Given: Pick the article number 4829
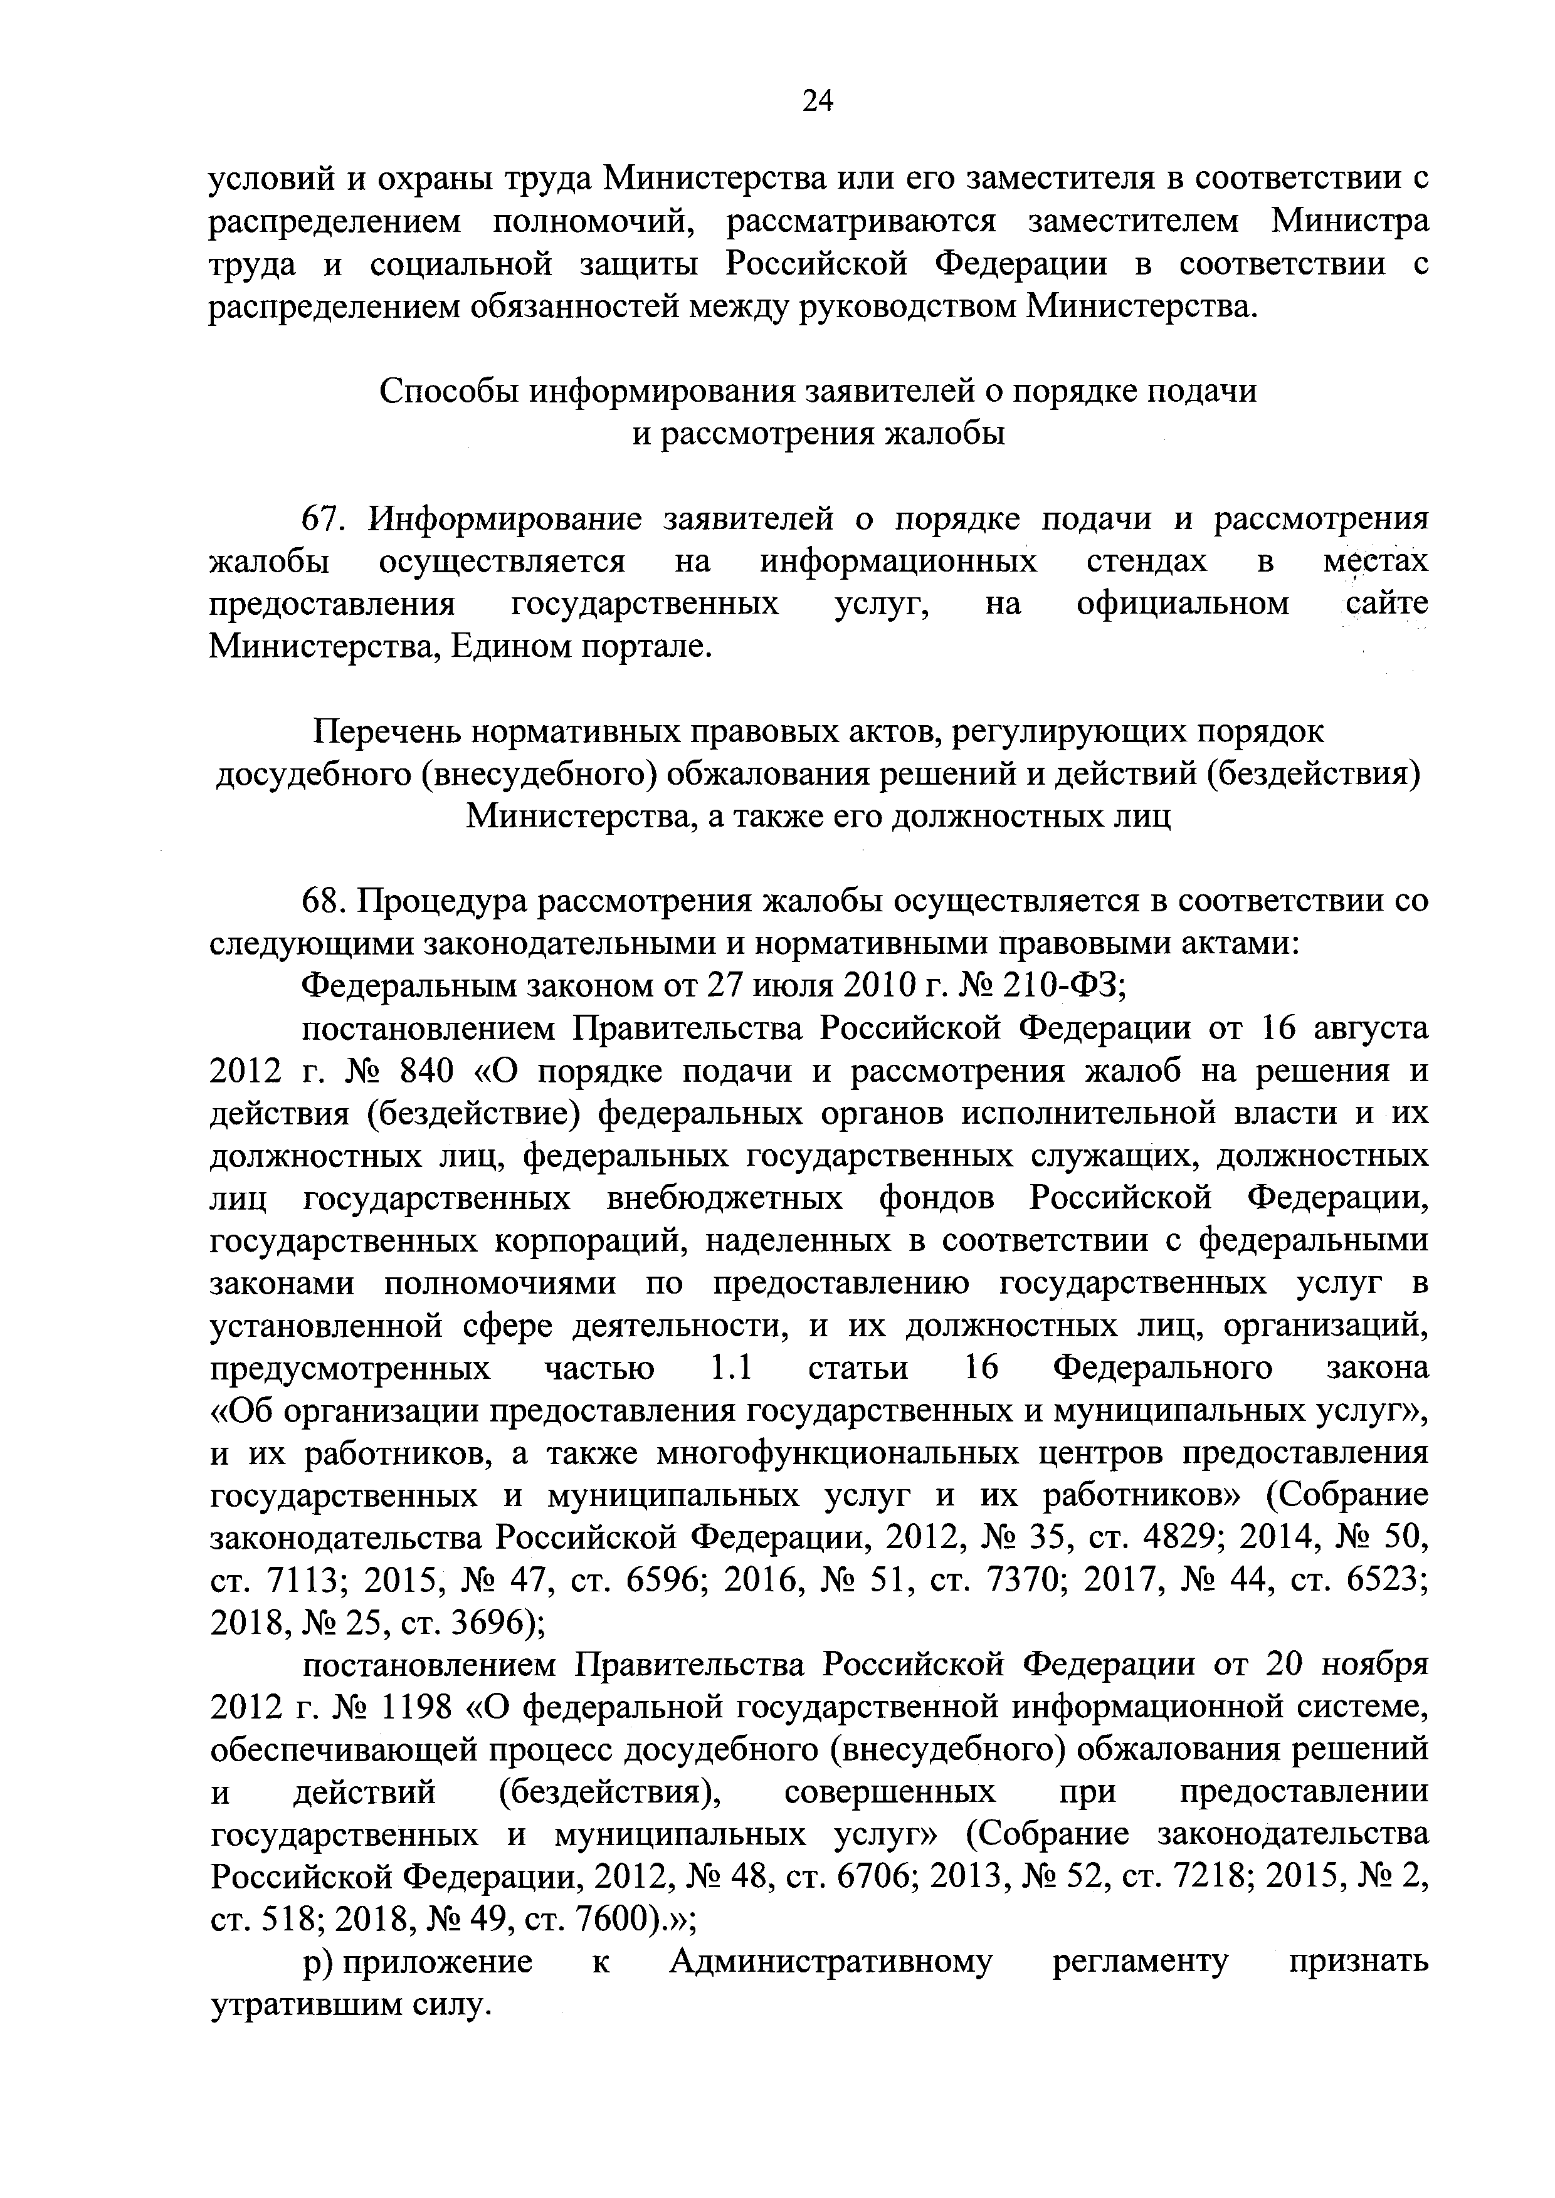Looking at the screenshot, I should point(1176,1539).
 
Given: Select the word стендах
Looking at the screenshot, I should point(1146,562).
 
